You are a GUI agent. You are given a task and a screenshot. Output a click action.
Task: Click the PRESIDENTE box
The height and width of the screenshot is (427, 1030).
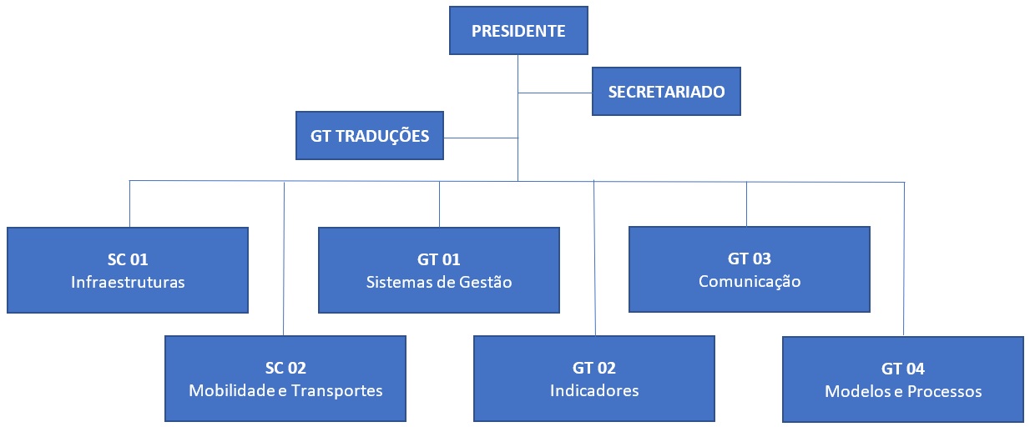point(518,32)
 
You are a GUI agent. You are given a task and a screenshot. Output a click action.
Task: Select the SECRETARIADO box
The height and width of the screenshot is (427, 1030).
point(666,91)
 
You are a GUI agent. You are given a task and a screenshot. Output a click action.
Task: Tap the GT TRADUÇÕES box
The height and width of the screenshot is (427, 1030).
point(370,135)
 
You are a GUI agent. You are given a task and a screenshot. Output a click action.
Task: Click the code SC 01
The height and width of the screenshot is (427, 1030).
point(128,259)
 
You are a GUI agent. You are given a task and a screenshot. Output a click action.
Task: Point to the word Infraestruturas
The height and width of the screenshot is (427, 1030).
point(128,282)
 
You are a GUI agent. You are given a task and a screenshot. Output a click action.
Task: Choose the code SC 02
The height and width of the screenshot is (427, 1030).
point(285,368)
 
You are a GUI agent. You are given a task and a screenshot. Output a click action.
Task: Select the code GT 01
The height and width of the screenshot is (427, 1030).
point(439,259)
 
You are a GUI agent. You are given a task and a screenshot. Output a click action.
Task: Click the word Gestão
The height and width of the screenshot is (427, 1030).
point(484,282)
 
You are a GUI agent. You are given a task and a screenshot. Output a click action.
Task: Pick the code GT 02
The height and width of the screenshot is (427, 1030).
point(594,368)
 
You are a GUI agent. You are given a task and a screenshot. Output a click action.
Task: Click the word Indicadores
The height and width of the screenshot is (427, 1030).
point(594,390)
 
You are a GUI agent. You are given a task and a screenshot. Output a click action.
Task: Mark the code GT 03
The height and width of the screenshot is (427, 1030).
point(749,259)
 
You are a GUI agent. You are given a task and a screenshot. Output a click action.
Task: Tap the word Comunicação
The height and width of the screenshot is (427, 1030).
point(749,281)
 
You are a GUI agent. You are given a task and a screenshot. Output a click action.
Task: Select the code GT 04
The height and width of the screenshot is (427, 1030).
point(903,369)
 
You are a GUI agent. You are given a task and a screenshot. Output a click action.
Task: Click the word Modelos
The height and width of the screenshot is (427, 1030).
point(855,391)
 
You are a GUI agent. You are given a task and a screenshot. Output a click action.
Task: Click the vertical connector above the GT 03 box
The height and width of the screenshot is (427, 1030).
point(746,203)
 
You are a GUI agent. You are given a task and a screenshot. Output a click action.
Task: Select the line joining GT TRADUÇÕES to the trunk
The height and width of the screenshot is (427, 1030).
point(480,137)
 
